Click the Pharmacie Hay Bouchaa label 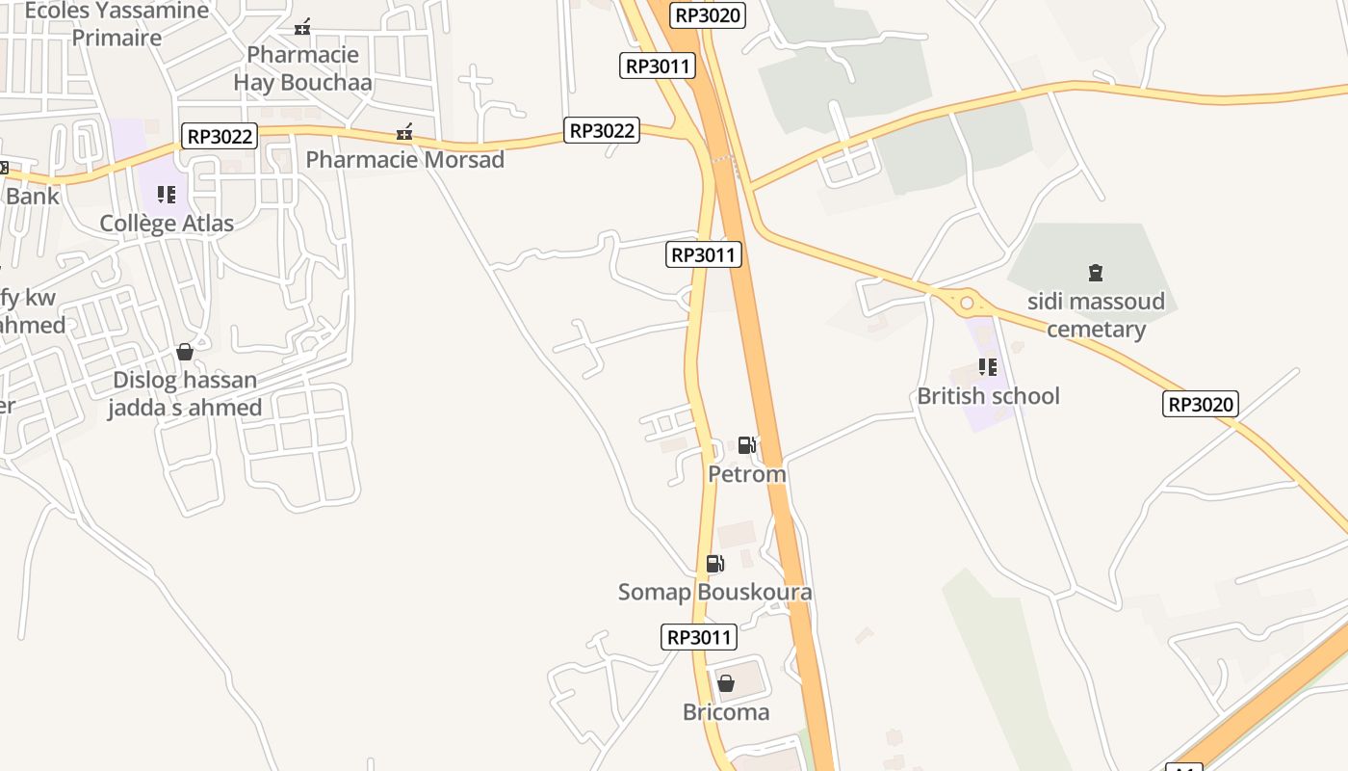[302, 68]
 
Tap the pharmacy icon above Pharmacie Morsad [405, 132]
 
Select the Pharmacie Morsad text [405, 159]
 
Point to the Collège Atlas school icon [167, 196]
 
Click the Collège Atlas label [167, 224]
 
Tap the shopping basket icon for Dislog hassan [185, 352]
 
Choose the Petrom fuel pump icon [746, 445]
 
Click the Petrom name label [747, 474]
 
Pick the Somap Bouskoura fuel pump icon [714, 564]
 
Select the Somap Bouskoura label [714, 592]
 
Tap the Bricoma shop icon [726, 683]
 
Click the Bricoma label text [726, 712]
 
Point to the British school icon [988, 367]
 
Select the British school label [988, 396]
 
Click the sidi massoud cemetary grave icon [1096, 273]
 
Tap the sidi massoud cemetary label [1096, 315]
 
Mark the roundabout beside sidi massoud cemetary [967, 304]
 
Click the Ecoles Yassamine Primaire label [117, 24]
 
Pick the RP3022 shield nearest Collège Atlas [220, 137]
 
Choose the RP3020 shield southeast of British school [1200, 404]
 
